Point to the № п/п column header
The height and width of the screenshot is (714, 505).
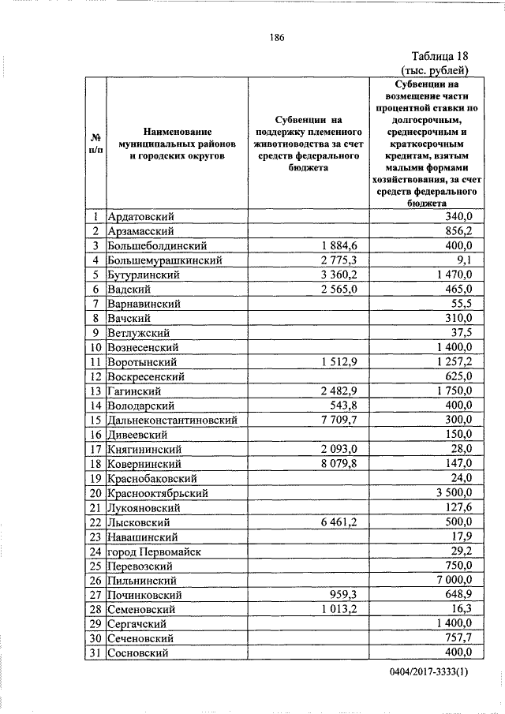(96, 142)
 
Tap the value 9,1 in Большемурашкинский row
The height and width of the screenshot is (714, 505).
(464, 260)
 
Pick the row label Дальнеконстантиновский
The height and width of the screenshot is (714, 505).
(175, 420)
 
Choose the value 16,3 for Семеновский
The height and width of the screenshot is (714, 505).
(461, 609)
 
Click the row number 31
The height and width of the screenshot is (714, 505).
(96, 652)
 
